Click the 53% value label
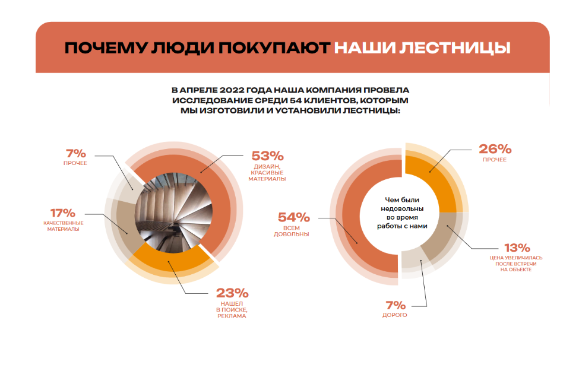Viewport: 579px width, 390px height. point(267,156)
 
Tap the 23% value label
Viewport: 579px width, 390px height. point(232,293)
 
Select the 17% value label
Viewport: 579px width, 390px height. point(62,213)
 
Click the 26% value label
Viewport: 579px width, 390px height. point(495,148)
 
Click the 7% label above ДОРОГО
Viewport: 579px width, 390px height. point(396,305)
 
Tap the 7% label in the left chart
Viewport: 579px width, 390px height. point(75,153)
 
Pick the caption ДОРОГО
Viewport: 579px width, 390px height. point(396,315)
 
